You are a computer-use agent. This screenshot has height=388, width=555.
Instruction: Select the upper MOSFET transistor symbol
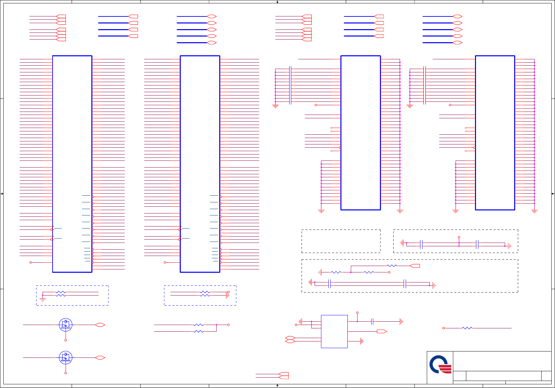(66, 325)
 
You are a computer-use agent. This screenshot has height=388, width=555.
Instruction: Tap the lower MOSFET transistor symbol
(66, 358)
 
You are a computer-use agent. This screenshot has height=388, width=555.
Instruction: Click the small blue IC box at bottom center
(334, 331)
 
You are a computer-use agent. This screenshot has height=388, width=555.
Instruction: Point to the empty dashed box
(341, 241)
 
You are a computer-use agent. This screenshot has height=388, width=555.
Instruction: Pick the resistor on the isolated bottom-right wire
(467, 328)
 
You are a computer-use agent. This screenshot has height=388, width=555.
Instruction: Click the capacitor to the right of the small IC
(372, 322)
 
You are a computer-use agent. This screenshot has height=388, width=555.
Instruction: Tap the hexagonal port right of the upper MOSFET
(100, 325)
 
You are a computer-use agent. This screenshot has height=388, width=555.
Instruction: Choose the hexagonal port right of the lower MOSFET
(100, 358)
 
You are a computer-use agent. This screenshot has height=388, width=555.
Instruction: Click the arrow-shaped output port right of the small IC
(382, 331)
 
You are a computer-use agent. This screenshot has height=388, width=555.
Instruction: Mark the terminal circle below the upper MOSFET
(66, 340)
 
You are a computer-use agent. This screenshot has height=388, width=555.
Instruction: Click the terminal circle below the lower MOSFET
(66, 373)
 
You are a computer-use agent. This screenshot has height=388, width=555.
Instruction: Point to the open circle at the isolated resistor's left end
(444, 328)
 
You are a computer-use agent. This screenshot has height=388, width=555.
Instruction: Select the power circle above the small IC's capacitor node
(357, 313)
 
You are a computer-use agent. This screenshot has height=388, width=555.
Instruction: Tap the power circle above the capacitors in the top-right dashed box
(459, 237)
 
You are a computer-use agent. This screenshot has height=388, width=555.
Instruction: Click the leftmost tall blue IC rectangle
(72, 164)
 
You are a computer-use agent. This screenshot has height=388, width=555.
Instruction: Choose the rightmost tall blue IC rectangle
(495, 133)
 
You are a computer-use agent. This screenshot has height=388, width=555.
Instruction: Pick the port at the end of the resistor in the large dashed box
(415, 266)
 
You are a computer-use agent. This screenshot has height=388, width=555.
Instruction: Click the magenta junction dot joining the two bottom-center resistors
(216, 325)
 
